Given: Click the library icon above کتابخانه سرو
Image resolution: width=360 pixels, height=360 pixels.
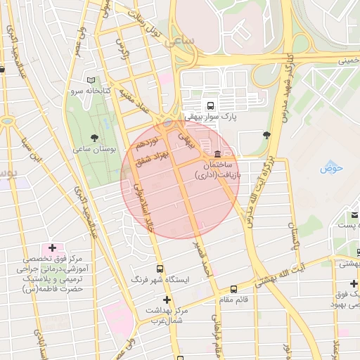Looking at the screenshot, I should click(x=91, y=81).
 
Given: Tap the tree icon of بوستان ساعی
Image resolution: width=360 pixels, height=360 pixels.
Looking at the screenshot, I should click(x=95, y=137).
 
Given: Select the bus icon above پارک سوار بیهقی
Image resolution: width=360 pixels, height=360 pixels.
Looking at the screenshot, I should click(x=212, y=103).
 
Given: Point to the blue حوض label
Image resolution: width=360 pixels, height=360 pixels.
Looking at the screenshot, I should click(x=330, y=168).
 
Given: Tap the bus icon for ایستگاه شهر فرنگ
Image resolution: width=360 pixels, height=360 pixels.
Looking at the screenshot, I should click(x=160, y=269).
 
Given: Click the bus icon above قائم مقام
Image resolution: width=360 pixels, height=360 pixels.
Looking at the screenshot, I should click(x=233, y=288).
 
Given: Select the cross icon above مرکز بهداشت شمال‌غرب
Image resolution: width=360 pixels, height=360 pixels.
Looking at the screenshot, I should click(x=166, y=300).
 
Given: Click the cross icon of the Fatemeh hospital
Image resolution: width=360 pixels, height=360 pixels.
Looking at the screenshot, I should click(x=52, y=248).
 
